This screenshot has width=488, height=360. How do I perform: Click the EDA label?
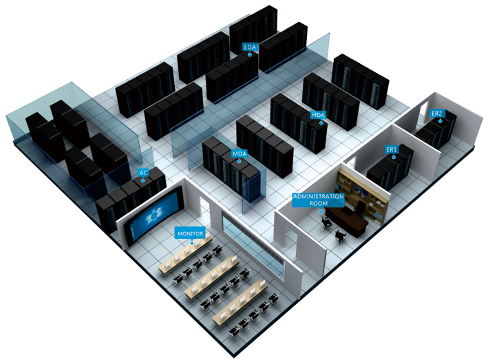pos(250,47)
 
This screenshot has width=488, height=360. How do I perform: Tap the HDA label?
pos(319,115)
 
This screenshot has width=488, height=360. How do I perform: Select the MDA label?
pos(240,153)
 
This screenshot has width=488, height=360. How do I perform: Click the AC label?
pos(143,173)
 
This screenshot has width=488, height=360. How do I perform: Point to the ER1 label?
pos(392,149)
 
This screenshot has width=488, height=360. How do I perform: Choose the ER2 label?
pos(436,114)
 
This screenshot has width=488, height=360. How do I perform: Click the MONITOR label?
pos(191,233)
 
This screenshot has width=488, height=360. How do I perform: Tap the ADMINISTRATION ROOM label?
pos(319,200)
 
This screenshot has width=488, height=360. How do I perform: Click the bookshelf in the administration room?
pos(363,196)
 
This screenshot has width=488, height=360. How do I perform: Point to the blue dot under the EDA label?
pos(250,54)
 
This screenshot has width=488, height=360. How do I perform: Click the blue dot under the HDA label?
pos(321,123)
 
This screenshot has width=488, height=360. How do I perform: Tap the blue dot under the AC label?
pos(143,180)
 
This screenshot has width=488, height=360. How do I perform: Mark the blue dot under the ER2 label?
pos(441,121)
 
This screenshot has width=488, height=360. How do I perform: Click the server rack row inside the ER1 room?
pos(390,167)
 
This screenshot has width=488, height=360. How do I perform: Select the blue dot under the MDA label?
pos(239,161)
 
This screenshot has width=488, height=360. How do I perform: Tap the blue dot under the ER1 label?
pos(394,157)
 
